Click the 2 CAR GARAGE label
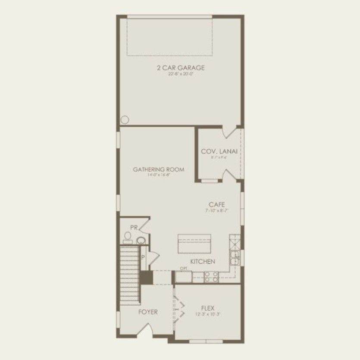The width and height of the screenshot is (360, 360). click(x=180, y=68)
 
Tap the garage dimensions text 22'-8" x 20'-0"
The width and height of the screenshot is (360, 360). click(x=180, y=74)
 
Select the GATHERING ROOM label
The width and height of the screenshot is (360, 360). click(x=158, y=169)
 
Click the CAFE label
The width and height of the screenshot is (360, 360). click(x=217, y=205)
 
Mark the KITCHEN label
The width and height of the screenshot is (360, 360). click(x=203, y=261)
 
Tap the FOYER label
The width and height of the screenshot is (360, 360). click(x=148, y=312)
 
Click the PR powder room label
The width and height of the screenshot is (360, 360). click(x=135, y=227)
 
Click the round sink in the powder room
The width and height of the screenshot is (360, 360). click(x=141, y=241)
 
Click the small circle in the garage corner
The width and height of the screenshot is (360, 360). click(x=125, y=120)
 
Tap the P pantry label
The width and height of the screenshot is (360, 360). click(x=143, y=258)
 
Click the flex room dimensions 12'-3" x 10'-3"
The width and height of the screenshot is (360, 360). click(x=207, y=314)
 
